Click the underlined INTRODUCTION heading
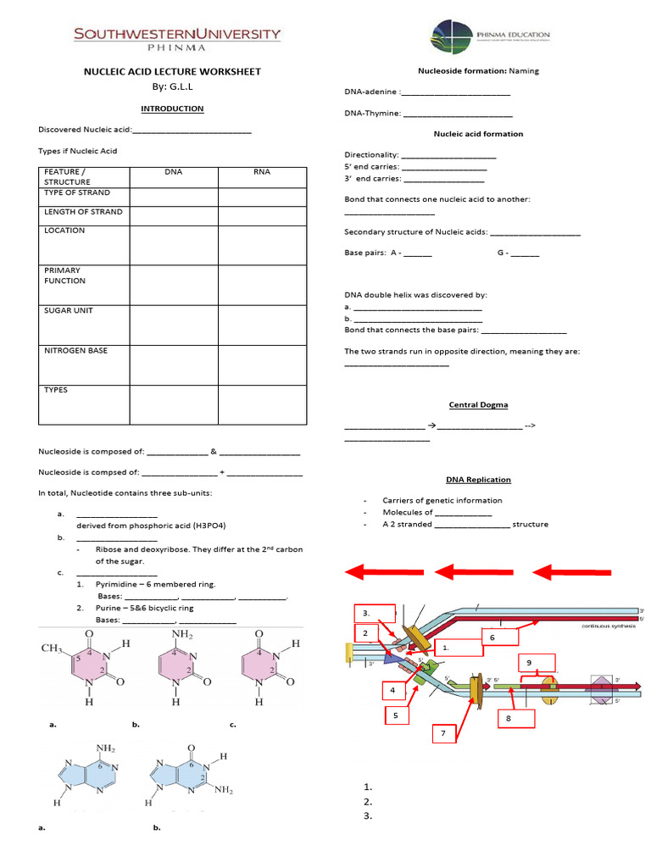point(172,108)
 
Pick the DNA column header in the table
point(173,172)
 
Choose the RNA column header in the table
point(262,172)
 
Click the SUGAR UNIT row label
point(69,310)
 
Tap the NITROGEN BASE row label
point(75,350)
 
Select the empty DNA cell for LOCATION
point(173,245)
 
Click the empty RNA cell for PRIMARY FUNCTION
point(262,284)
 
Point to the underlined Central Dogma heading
point(478,405)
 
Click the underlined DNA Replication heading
point(478,480)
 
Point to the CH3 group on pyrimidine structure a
point(54,648)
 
